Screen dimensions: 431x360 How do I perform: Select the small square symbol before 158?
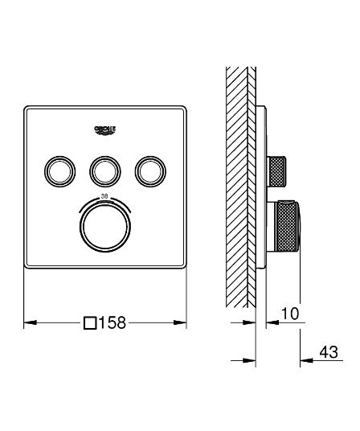(91, 323)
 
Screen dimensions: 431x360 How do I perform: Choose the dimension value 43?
(329, 351)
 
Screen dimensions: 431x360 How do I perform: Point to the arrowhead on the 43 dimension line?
(304, 359)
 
